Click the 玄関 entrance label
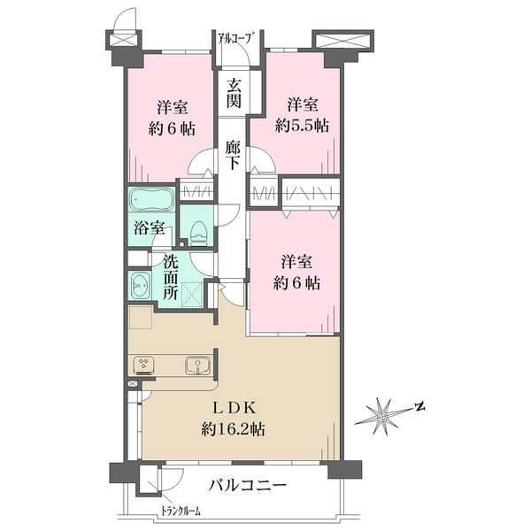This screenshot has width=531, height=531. click(235, 94)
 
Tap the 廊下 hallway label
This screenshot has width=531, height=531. click(233, 155)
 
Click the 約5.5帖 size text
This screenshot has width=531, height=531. click(302, 127)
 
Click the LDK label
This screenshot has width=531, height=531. click(233, 408)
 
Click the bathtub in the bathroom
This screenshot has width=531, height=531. click(151, 199)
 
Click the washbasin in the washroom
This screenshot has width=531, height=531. click(142, 284)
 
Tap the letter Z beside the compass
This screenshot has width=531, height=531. click(420, 407)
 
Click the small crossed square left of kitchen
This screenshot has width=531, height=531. click(133, 385)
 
